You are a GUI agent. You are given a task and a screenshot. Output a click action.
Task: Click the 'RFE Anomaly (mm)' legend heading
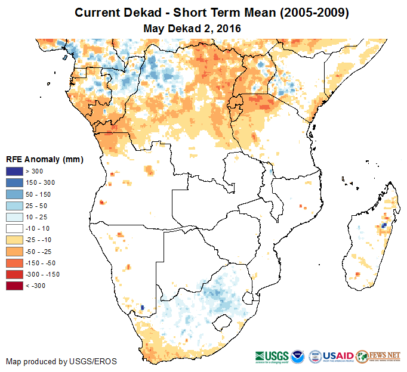[44, 159]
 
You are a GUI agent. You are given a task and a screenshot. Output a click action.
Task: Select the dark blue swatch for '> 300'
[14, 172]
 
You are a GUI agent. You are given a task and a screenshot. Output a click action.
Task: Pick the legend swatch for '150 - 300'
[14, 183]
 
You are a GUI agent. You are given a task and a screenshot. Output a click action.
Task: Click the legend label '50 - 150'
[38, 194]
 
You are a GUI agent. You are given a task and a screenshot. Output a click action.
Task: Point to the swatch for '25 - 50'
[14, 206]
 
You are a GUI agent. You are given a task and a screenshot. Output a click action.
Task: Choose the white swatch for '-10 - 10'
[14, 228]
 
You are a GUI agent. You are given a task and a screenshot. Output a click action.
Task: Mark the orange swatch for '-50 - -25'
[14, 251]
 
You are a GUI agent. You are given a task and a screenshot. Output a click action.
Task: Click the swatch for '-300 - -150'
[14, 274]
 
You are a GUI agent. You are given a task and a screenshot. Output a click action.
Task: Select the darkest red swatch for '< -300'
[14, 286]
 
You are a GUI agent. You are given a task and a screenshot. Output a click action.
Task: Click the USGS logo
[273, 356]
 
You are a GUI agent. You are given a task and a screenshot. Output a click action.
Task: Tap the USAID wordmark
[339, 355]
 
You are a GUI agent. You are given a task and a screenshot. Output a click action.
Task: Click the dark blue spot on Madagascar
[383, 225]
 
